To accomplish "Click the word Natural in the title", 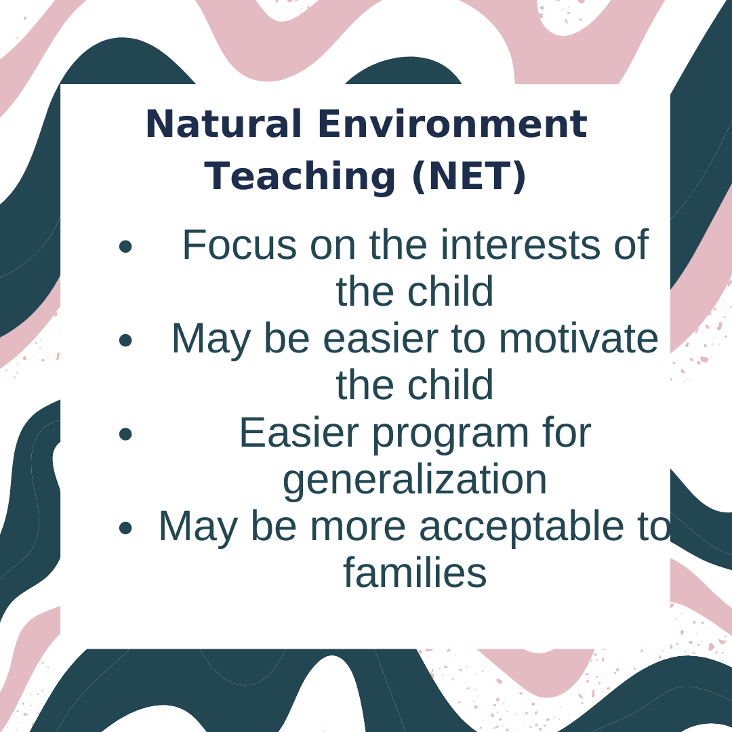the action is [224, 124].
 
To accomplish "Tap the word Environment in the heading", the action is [452, 124].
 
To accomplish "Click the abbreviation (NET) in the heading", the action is [470, 176].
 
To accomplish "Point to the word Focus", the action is [239, 245].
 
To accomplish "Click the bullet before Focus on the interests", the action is [125, 246].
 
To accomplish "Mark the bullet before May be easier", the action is [125, 340].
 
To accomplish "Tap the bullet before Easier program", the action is [125, 434].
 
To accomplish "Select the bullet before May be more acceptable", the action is [125, 527].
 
